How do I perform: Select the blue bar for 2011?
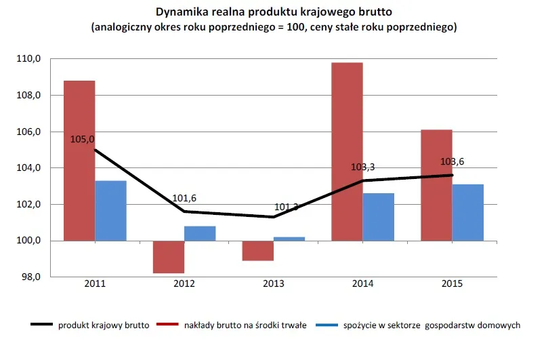(110, 210)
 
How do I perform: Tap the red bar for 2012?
(169, 257)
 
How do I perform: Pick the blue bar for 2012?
(200, 233)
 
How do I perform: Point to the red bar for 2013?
(258, 251)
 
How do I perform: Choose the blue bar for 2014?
(378, 217)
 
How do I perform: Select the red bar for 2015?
(436, 184)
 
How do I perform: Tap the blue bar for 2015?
(468, 212)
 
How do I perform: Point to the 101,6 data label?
(184, 199)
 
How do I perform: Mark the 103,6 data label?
(452, 162)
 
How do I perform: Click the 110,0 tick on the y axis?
(29, 59)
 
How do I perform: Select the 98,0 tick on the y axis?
(29, 277)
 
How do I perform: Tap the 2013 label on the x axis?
(274, 284)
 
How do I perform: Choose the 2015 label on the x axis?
(452, 284)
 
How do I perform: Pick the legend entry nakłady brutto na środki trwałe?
(245, 325)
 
